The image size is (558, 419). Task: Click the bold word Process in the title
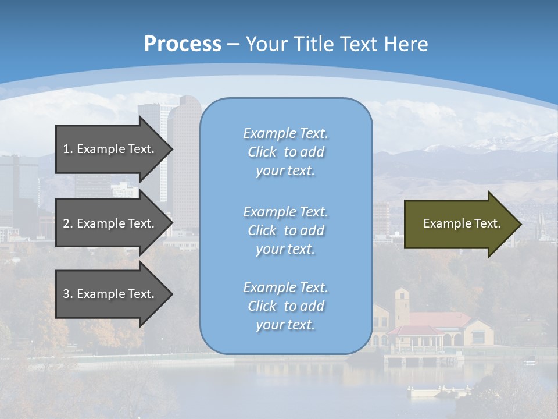tap(183, 44)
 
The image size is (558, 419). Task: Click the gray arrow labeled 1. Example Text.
tap(110, 149)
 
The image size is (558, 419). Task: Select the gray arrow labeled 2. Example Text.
tap(110, 223)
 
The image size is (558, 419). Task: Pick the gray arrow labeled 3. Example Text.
tap(110, 294)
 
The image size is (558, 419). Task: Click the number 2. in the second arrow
tap(68, 223)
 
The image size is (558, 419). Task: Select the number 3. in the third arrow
tap(68, 294)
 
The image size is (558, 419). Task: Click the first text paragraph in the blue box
tap(285, 152)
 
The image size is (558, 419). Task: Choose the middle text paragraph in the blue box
tap(285, 230)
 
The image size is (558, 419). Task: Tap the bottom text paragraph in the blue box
tap(285, 306)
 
